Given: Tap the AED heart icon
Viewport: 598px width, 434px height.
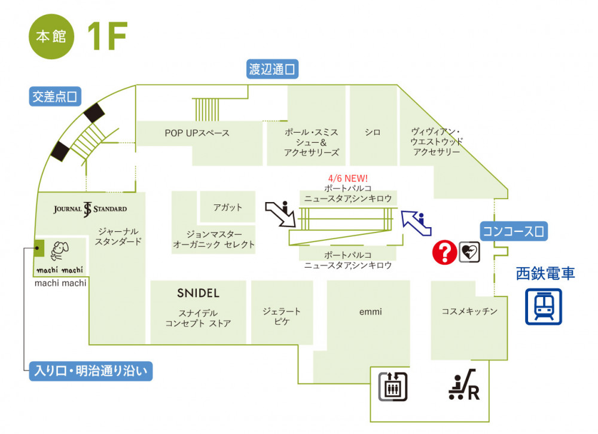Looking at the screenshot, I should [469, 252].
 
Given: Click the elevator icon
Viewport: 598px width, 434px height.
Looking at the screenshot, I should [392, 386].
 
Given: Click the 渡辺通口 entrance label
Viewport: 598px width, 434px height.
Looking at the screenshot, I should [273, 69].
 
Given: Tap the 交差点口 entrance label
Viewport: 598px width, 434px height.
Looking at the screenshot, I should [55, 96].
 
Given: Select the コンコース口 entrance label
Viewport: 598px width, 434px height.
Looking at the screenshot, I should [514, 230].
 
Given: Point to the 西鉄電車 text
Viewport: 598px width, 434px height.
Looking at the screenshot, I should [545, 274].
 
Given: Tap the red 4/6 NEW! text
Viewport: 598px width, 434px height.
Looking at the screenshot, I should [348, 178].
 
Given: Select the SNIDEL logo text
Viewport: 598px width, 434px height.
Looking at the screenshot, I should [198, 293].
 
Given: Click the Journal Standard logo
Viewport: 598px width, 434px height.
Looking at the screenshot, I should [90, 209].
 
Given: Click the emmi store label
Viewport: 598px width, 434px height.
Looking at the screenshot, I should [371, 311].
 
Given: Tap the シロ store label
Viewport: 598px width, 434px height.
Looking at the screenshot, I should [374, 132].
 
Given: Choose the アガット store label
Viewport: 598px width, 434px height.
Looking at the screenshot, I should [228, 207].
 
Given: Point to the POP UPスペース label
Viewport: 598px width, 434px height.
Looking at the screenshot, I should [197, 133].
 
